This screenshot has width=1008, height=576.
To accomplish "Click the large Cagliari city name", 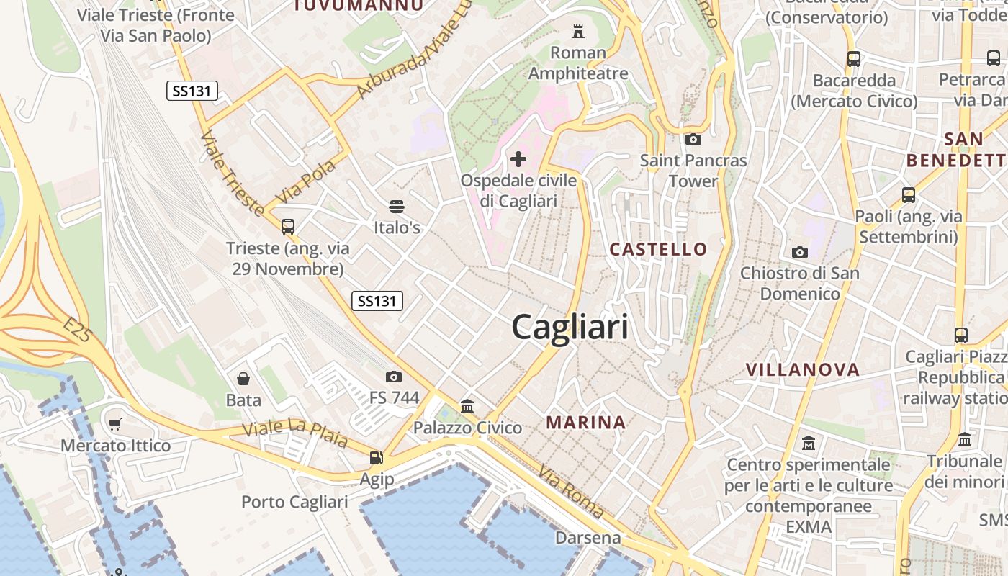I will [x=570, y=328].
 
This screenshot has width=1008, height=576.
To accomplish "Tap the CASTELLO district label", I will [x=658, y=249].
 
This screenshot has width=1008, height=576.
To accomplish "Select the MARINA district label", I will [x=585, y=422].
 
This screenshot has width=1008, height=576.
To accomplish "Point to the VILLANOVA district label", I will [x=802, y=370].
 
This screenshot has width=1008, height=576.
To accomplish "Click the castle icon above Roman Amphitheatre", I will [x=577, y=31].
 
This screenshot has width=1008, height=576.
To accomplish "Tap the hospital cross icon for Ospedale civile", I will [x=518, y=159].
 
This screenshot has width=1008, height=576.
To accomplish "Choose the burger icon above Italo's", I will [x=396, y=207].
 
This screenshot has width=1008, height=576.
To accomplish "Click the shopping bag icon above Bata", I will [x=243, y=379].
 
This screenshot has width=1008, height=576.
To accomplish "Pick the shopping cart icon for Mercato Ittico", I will [x=115, y=424].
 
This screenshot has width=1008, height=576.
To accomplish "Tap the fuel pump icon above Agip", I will [x=376, y=457].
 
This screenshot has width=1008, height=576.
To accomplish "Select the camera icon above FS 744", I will [x=394, y=377].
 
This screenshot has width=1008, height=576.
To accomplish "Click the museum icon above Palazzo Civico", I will [x=467, y=407].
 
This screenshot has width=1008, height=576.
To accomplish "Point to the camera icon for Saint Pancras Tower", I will [x=693, y=139].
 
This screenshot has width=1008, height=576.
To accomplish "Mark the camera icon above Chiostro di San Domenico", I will [x=799, y=252].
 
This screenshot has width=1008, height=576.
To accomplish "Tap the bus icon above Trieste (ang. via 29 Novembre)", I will [x=288, y=227].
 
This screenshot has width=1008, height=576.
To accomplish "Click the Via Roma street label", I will [x=570, y=492].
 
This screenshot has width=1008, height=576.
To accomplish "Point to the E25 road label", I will [x=76, y=332].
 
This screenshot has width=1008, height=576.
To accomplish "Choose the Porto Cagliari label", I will [x=294, y=502].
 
